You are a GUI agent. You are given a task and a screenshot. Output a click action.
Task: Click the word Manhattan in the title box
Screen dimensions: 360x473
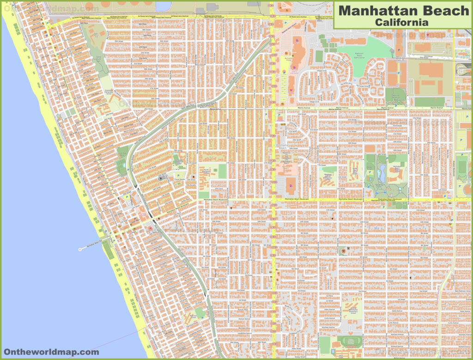(379, 10)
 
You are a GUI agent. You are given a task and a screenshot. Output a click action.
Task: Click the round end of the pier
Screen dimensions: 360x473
(80, 250)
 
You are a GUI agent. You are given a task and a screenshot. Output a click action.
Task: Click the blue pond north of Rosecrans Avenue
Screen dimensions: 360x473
(163, 6)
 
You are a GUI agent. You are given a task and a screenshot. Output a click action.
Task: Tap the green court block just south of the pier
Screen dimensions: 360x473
(109, 250)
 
